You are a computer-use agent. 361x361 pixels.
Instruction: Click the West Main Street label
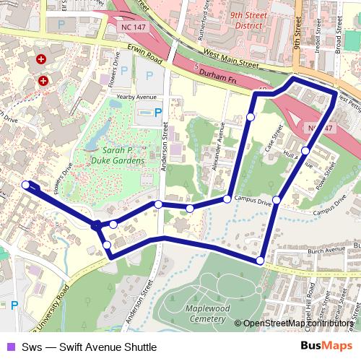231,58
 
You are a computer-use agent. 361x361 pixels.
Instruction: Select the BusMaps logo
327,347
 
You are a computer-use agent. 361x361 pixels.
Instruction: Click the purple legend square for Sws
9,347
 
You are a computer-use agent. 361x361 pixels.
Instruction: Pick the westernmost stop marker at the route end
26,185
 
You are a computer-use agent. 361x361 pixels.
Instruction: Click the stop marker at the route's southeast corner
260,260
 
